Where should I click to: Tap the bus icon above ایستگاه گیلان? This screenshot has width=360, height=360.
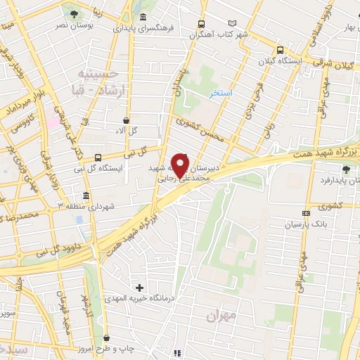[281, 50]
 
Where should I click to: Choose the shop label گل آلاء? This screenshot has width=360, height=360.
[125, 131]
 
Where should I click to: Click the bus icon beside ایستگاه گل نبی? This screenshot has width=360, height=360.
[98, 157]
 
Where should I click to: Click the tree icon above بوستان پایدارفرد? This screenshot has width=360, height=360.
[345, 169]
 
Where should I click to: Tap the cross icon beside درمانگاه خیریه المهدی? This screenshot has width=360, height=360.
[139, 288]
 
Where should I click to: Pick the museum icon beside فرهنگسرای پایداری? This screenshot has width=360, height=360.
[143, 18]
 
